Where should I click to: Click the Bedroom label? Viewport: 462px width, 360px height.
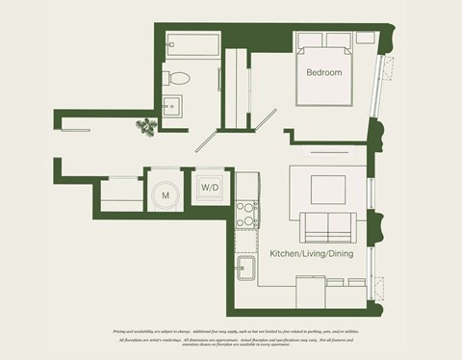click(324, 73)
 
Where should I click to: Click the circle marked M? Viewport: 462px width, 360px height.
click(166, 195)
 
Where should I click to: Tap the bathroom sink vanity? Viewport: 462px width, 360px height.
click(173, 108)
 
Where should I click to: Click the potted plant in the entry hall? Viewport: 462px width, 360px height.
click(146, 126)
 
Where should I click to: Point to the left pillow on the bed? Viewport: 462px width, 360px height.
click(311, 42)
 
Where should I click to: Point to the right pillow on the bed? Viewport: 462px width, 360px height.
click(340, 42)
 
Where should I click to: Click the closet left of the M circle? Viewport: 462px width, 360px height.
click(119, 192)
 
